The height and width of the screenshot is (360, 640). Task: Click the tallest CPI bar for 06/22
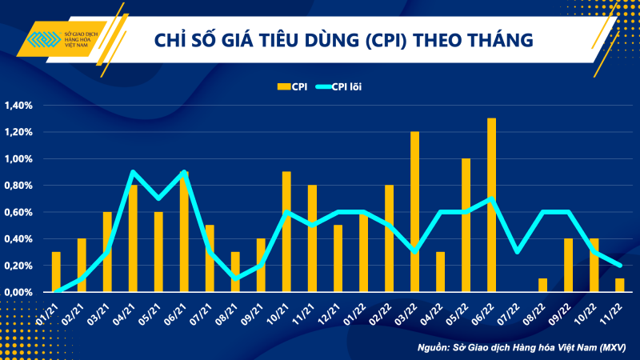click(491, 206)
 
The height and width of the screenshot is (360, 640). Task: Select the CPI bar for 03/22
click(414, 212)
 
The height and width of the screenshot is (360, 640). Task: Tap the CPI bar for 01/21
click(56, 272)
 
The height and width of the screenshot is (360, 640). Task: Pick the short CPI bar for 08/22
click(542, 286)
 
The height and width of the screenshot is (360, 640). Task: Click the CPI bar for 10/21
click(286, 232)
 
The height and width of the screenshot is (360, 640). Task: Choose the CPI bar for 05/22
click(466, 226)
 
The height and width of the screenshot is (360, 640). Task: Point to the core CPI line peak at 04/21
click(133, 172)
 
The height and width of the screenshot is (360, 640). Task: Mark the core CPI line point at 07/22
click(517, 252)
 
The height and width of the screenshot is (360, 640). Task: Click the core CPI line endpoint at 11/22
click(619, 266)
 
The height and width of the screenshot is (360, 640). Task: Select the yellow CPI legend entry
click(291, 85)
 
